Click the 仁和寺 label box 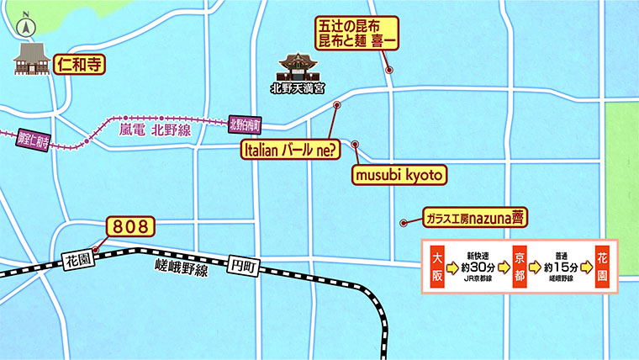tap(79, 63)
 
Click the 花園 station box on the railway tap(78, 262)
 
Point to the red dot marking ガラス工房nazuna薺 tap(404, 223)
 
